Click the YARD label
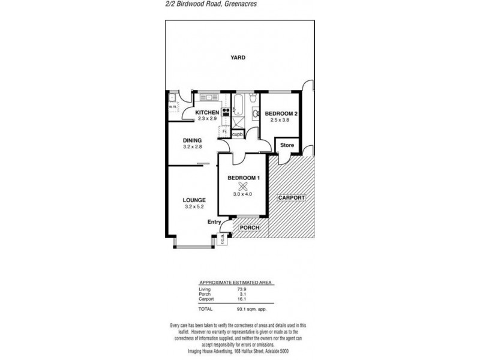point(239,58)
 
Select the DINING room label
point(192,140)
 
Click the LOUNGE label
point(195,200)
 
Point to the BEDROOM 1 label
point(243,178)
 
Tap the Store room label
point(286,145)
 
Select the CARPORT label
point(291,197)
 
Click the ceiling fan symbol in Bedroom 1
point(243,185)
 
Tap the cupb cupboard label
point(238,134)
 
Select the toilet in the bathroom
point(254,98)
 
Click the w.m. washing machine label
point(171,107)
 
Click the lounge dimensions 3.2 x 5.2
point(195,207)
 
